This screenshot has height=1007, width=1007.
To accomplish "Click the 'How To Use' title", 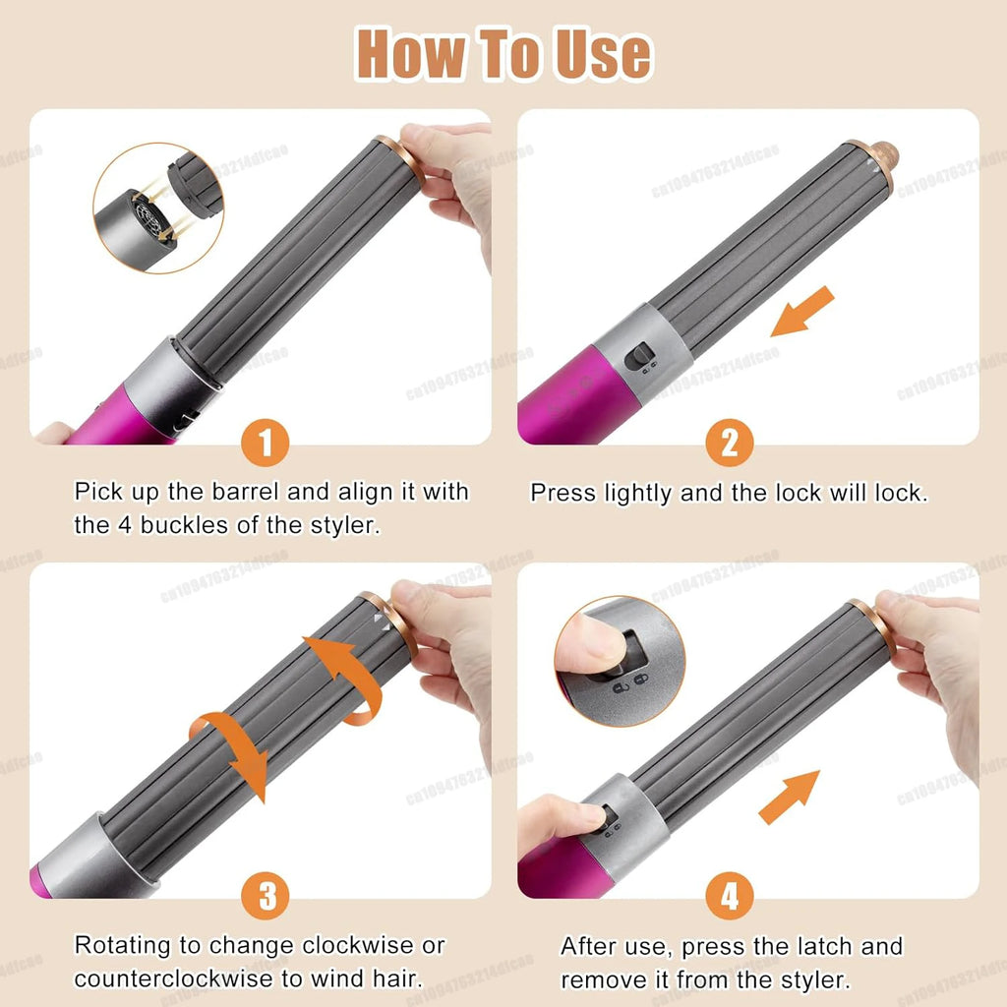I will click(x=503, y=54).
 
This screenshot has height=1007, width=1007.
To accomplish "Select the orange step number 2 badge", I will click(x=729, y=444).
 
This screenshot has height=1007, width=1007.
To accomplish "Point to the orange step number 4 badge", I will click(x=729, y=897).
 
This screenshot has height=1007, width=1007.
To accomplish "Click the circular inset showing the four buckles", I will click(x=144, y=207).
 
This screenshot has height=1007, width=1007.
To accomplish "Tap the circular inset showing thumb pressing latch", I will click(x=619, y=661).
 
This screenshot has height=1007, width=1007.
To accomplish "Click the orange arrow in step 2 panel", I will click(x=801, y=313).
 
